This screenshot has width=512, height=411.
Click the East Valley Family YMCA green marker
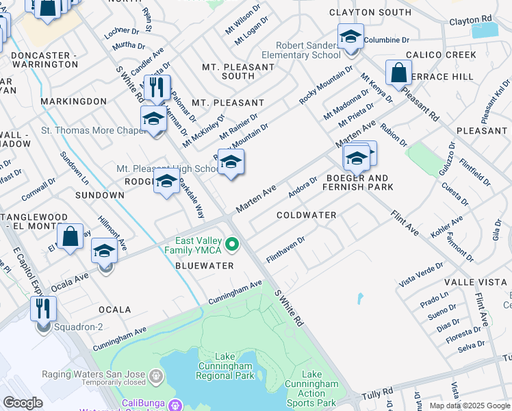tap(233, 244)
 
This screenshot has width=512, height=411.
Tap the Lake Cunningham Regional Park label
tap(225, 366)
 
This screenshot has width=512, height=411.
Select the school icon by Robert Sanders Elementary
tap(350, 36)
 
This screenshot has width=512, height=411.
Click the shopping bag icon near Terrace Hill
tap(398, 72)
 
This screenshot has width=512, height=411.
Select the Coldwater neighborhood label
tap(306, 215)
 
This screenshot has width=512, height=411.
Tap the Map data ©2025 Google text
tap(470, 406)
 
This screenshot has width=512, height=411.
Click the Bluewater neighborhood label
tap(205, 265)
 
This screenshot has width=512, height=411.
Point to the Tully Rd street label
tap(379, 392)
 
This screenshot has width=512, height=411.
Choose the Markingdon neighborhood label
tap(73, 101)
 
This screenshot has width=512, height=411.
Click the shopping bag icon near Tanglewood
tap(71, 236)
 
